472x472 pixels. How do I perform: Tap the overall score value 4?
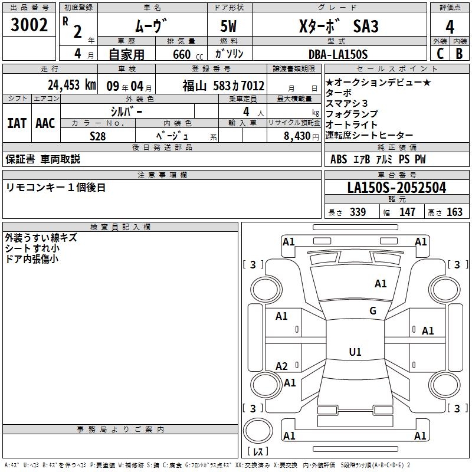450,27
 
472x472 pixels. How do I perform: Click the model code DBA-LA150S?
337,54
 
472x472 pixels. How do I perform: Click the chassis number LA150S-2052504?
396,188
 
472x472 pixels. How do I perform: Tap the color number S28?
98,136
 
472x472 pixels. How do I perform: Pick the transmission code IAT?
17,123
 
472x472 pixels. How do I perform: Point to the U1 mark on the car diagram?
355,352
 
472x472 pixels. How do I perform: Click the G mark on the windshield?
372,311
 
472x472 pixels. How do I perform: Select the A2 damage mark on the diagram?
281,366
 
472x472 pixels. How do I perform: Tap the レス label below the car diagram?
258,452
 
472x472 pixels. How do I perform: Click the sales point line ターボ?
338,93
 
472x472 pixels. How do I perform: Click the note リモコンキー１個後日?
55,188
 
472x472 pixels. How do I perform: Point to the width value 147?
407,212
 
